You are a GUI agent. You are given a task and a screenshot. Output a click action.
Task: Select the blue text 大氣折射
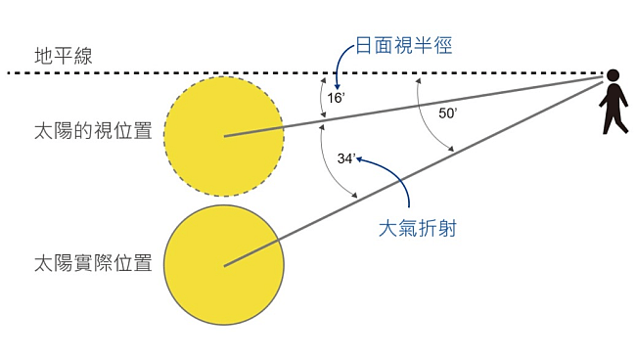pos(418,230)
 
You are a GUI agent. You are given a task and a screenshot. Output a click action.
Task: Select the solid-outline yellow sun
pos(224,265)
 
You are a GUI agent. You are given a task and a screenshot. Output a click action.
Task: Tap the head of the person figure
pos(613,75)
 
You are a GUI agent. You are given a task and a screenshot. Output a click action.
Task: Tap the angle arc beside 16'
pos(320,98)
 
